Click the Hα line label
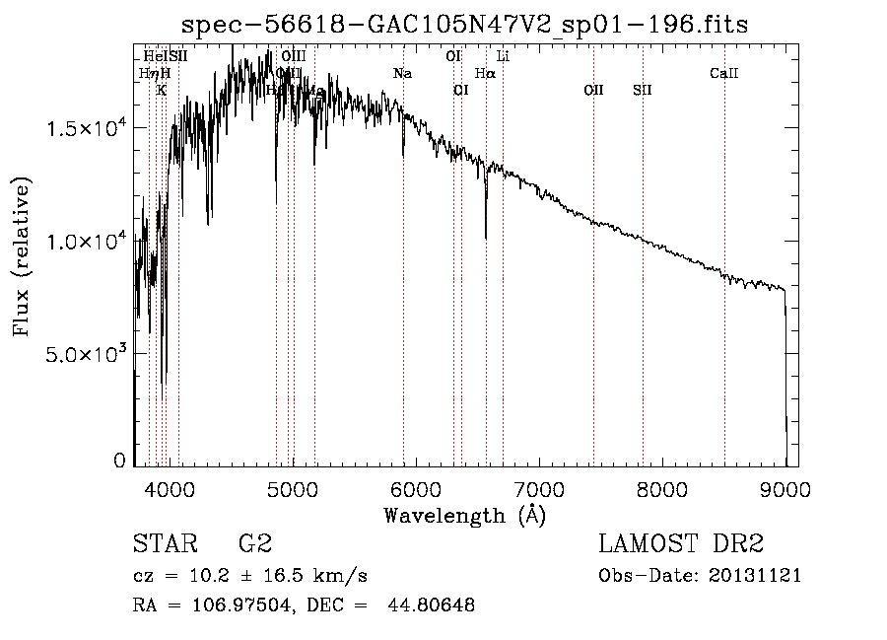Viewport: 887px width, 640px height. (485, 73)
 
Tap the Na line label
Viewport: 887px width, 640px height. (402, 73)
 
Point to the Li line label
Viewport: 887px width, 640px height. (503, 56)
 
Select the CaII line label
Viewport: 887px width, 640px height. (724, 73)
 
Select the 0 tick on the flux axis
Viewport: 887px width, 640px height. (120, 460)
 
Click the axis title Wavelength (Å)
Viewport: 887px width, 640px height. (464, 515)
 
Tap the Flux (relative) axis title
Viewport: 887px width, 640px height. (22, 256)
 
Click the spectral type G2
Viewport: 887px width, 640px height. (254, 544)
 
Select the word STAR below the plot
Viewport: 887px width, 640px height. (164, 544)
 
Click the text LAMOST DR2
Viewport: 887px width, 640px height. (681, 544)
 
